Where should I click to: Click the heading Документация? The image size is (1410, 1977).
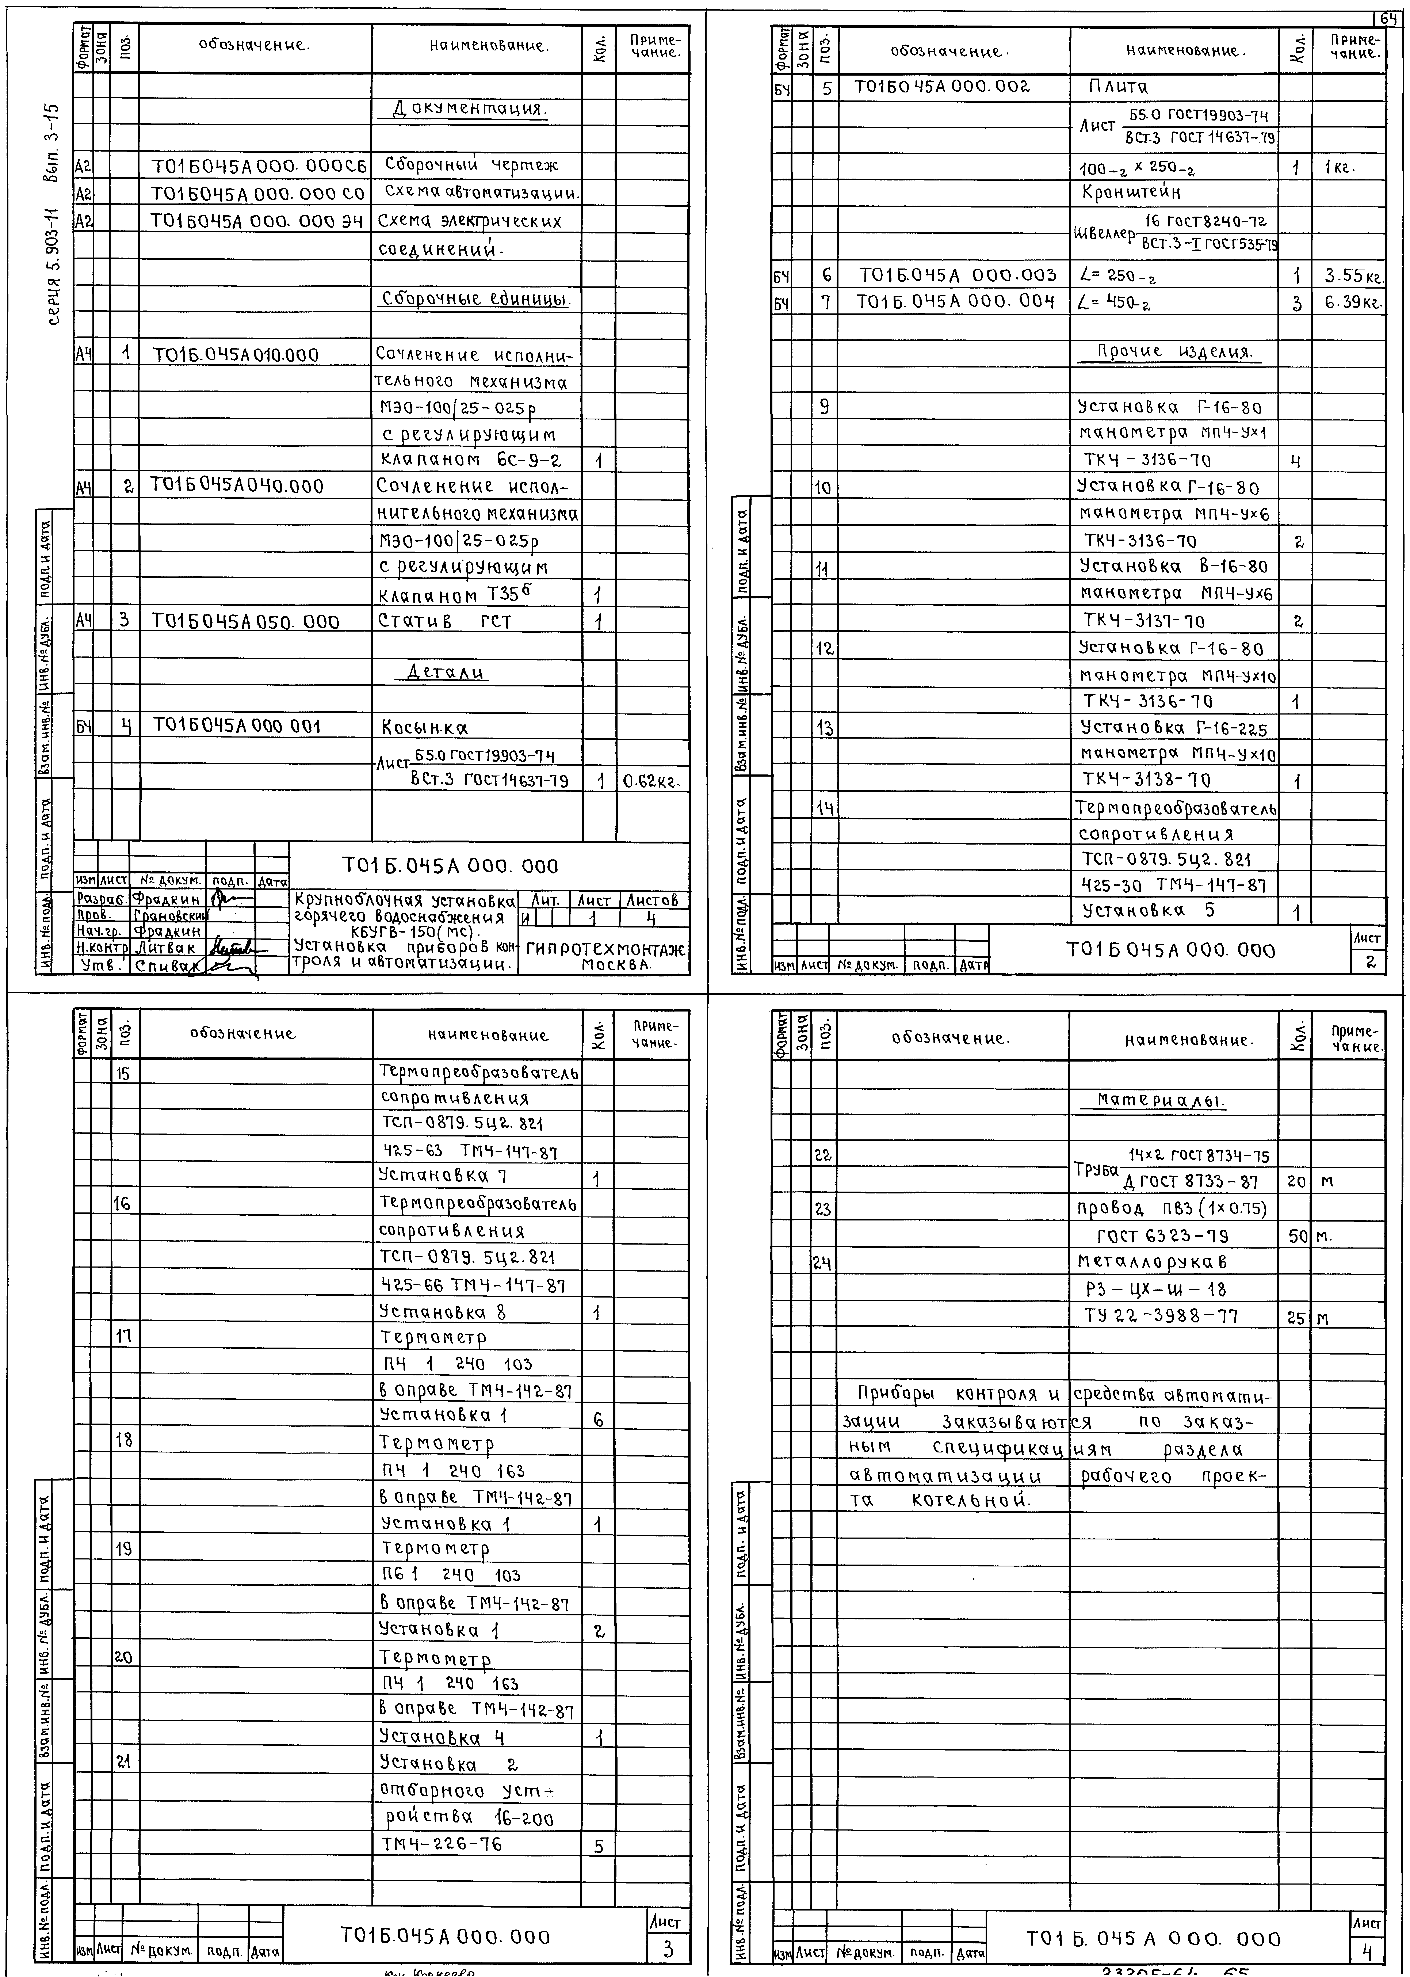point(469,110)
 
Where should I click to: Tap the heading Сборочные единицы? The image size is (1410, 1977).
point(476,300)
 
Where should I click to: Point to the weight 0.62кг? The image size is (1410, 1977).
point(651,781)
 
